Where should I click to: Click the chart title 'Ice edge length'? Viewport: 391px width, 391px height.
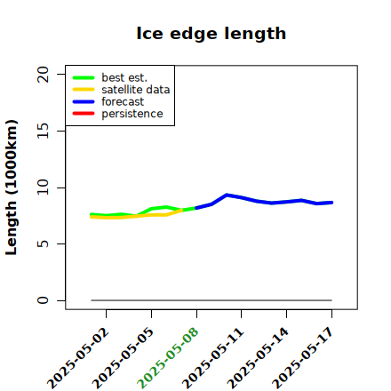[x=211, y=34]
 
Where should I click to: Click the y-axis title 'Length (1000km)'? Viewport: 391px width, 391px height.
[x=12, y=188]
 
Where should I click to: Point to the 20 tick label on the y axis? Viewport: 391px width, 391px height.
[x=43, y=74]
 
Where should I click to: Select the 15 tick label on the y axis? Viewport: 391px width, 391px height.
[x=43, y=131]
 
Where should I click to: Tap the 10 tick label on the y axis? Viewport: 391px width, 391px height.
[x=43, y=188]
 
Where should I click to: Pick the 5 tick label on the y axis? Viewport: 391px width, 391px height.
[x=43, y=243]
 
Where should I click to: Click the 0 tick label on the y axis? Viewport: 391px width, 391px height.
[x=43, y=300]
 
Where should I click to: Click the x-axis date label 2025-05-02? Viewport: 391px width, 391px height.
[x=78, y=359]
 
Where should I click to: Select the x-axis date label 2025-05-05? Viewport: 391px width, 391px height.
[x=123, y=359]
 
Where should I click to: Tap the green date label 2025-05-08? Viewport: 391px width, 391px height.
[x=168, y=359]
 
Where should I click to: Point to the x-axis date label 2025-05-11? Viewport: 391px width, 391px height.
[x=212, y=359]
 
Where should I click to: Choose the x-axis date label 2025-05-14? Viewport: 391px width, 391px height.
[x=258, y=359]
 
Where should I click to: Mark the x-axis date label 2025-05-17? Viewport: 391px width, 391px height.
[x=303, y=359]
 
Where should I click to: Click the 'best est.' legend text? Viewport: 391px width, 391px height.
[x=124, y=77]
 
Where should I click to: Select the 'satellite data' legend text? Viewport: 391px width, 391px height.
[x=136, y=90]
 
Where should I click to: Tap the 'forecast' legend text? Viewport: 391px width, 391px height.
[x=123, y=101]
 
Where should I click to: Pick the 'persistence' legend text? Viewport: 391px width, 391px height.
[x=132, y=114]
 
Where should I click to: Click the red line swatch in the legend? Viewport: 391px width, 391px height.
[x=84, y=114]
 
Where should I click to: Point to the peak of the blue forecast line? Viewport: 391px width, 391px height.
[x=227, y=195]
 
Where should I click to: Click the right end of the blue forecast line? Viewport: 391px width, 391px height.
[x=331, y=203]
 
